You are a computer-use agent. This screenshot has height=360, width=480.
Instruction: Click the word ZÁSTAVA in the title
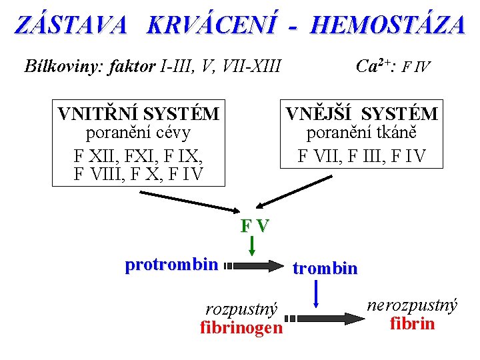pyautogui.click(x=71, y=25)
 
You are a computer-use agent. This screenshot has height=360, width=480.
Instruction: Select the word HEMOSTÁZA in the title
pyautogui.click(x=387, y=25)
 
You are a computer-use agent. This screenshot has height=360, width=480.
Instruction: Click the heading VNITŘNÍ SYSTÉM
pyautogui.click(x=139, y=114)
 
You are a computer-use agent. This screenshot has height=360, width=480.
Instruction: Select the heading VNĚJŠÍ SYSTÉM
pyautogui.click(x=362, y=114)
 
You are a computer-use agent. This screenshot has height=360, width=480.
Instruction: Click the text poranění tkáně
pyautogui.click(x=362, y=133)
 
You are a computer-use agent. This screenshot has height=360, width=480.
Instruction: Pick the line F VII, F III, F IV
pyautogui.click(x=362, y=157)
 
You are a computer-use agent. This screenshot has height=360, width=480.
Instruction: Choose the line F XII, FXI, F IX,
pyautogui.click(x=139, y=159)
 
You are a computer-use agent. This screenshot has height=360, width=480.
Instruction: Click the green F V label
pyautogui.click(x=255, y=225)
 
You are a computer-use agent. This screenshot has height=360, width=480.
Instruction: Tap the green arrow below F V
pyautogui.click(x=253, y=247)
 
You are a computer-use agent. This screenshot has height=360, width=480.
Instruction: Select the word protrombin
pyautogui.click(x=171, y=265)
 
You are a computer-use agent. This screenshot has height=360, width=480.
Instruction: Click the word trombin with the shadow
pyautogui.click(x=325, y=269)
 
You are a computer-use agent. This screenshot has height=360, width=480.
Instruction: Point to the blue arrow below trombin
pyautogui.click(x=316, y=295)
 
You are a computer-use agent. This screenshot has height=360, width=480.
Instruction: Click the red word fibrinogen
pyautogui.click(x=241, y=328)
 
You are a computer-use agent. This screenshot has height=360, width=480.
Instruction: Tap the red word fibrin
pyautogui.click(x=412, y=324)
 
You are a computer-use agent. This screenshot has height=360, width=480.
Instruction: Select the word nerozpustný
pyautogui.click(x=412, y=306)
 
